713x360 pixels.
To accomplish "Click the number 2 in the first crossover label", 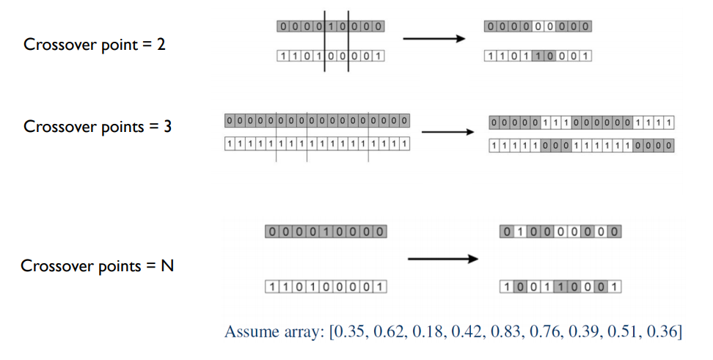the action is point(161,45).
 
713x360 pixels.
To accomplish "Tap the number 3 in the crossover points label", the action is point(167,126).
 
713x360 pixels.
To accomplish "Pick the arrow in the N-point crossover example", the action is point(442,258).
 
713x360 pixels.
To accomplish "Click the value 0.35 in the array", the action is point(350,332).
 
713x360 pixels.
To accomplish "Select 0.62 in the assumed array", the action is point(389,332).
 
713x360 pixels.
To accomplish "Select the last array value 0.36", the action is point(661,332).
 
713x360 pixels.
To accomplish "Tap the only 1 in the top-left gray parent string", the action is point(332,26).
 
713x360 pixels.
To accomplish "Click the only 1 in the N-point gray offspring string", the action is point(517,232).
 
